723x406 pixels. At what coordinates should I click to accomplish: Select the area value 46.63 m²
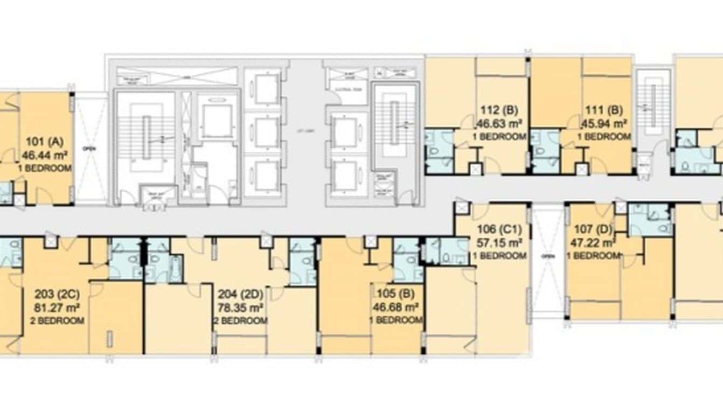499,124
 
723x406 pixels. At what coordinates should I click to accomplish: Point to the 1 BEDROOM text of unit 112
499,137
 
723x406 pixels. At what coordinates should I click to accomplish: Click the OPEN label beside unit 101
89,149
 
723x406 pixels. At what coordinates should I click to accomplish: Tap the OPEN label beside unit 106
547,256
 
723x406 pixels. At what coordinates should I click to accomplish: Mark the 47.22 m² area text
594,243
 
